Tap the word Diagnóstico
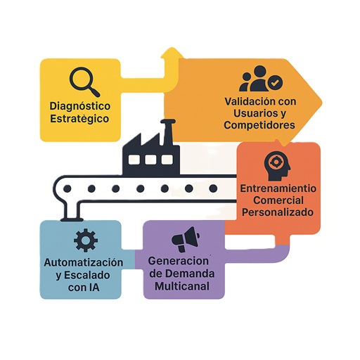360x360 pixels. click(x=80, y=106)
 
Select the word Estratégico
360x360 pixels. click(x=79, y=119)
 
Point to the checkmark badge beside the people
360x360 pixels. click(x=275, y=82)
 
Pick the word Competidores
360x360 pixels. click(x=259, y=125)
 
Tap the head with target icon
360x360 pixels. click(x=277, y=166)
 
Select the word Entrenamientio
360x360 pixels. click(x=278, y=188)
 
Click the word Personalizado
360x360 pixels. click(x=278, y=212)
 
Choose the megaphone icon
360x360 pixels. click(x=186, y=239)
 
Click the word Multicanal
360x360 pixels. click(x=182, y=286)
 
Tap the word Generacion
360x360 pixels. click(x=178, y=261)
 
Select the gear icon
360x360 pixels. click(x=86, y=240)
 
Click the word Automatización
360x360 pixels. click(x=84, y=262)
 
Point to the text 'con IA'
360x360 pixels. click(x=84, y=288)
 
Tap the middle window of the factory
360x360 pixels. click(x=151, y=160)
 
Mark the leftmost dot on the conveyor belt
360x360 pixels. click(x=67, y=188)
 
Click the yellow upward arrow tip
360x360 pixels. click(x=173, y=48)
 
